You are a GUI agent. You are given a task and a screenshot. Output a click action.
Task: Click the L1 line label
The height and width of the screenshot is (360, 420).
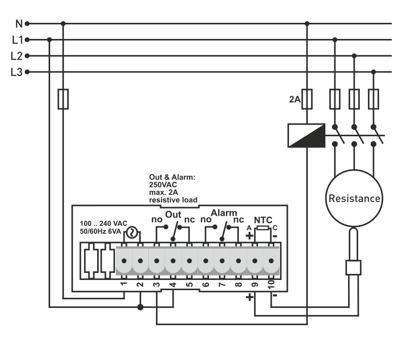[17, 40]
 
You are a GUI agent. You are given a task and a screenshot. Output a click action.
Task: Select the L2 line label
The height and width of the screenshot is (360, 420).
[17, 56]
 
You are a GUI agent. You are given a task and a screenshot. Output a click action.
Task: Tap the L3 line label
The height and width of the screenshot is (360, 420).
[17, 72]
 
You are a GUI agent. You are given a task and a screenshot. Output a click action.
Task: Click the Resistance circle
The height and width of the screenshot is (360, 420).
[354, 198]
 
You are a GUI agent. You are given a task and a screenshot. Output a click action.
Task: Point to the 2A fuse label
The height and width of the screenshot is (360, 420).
[295, 99]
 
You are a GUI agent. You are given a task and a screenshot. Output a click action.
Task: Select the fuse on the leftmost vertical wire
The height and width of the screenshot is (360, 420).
[63, 99]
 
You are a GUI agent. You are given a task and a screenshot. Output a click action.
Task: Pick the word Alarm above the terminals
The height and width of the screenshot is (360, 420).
[224, 213]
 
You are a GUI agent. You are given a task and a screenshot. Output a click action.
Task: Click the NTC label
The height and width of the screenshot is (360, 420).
[263, 220]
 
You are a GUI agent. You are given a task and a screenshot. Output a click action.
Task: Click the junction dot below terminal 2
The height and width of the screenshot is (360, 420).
[141, 307]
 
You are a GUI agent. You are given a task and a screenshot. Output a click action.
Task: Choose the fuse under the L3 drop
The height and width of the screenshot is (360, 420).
[373, 99]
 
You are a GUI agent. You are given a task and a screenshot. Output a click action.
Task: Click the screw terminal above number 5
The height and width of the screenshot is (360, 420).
[189, 261]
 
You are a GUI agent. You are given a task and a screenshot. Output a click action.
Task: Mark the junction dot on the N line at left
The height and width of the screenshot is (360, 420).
[63, 23]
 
